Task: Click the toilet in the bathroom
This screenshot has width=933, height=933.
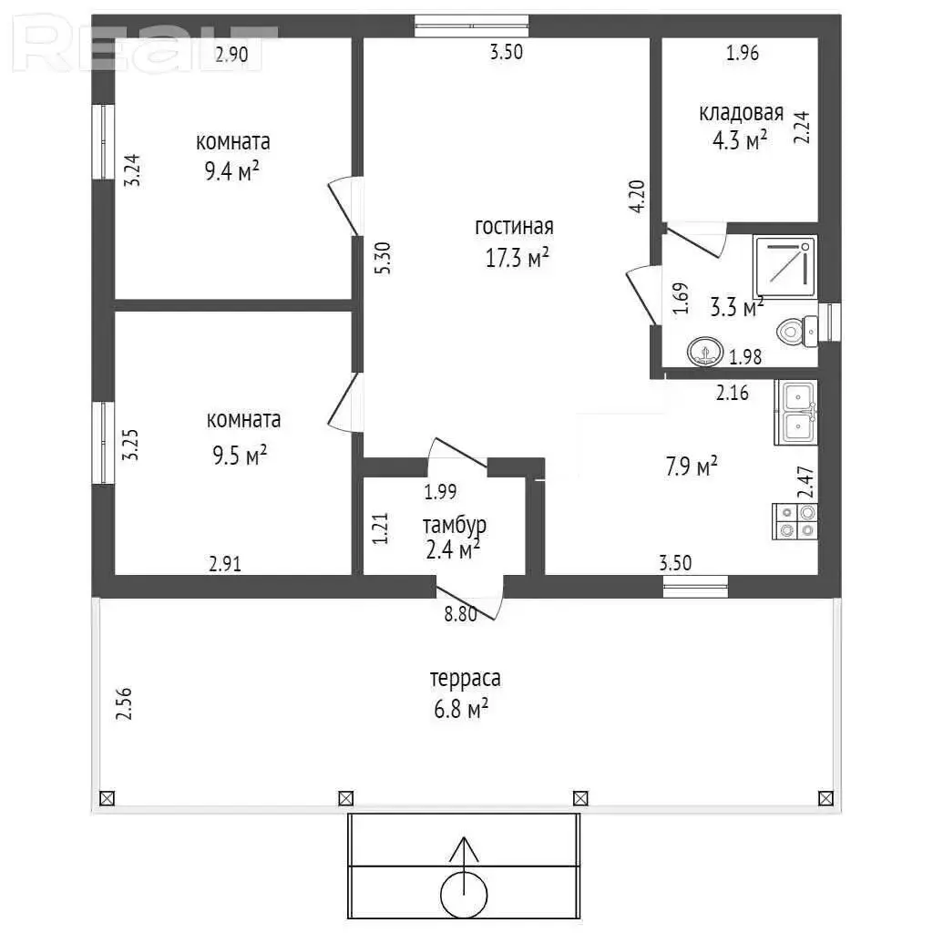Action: point(797,331)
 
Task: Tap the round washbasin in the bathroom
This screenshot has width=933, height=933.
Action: point(705,351)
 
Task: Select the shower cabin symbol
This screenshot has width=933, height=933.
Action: point(784,267)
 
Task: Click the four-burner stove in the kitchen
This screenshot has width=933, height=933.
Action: point(795,521)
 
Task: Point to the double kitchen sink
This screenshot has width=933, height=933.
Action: point(796,413)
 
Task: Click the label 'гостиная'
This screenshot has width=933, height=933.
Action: point(514,226)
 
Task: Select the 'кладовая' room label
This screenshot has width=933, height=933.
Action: point(741,112)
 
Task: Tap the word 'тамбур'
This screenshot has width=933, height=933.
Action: point(455,526)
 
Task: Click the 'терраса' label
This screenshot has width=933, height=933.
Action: point(466,679)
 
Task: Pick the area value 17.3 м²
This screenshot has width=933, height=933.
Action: point(518,258)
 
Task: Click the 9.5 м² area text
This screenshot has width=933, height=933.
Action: point(240,456)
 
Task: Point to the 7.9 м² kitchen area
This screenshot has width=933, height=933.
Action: point(692,466)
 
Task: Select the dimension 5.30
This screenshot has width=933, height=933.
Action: point(384,258)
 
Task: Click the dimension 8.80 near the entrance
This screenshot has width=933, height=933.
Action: point(460,613)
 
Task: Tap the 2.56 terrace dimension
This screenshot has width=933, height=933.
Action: point(124,704)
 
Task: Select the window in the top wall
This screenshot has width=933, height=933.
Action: point(471,26)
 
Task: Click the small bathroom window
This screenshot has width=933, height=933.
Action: point(829,322)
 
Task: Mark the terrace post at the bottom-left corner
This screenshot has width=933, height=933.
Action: point(108,798)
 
